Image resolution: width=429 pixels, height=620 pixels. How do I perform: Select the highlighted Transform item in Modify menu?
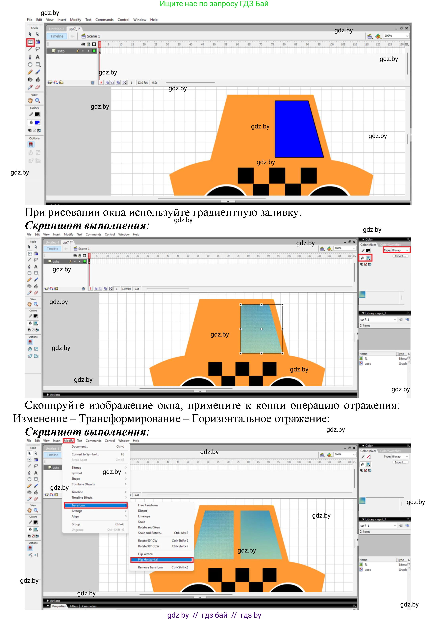(95, 505)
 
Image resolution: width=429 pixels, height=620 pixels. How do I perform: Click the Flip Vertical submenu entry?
(146, 554)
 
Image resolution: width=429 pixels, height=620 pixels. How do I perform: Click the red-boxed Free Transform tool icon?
(30, 42)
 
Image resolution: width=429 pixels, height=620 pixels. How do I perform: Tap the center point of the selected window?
(261, 329)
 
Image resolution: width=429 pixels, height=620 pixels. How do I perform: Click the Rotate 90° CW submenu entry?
(148, 540)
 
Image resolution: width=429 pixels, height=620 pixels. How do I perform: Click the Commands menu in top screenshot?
(104, 20)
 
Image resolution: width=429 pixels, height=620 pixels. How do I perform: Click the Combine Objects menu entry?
(83, 484)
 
